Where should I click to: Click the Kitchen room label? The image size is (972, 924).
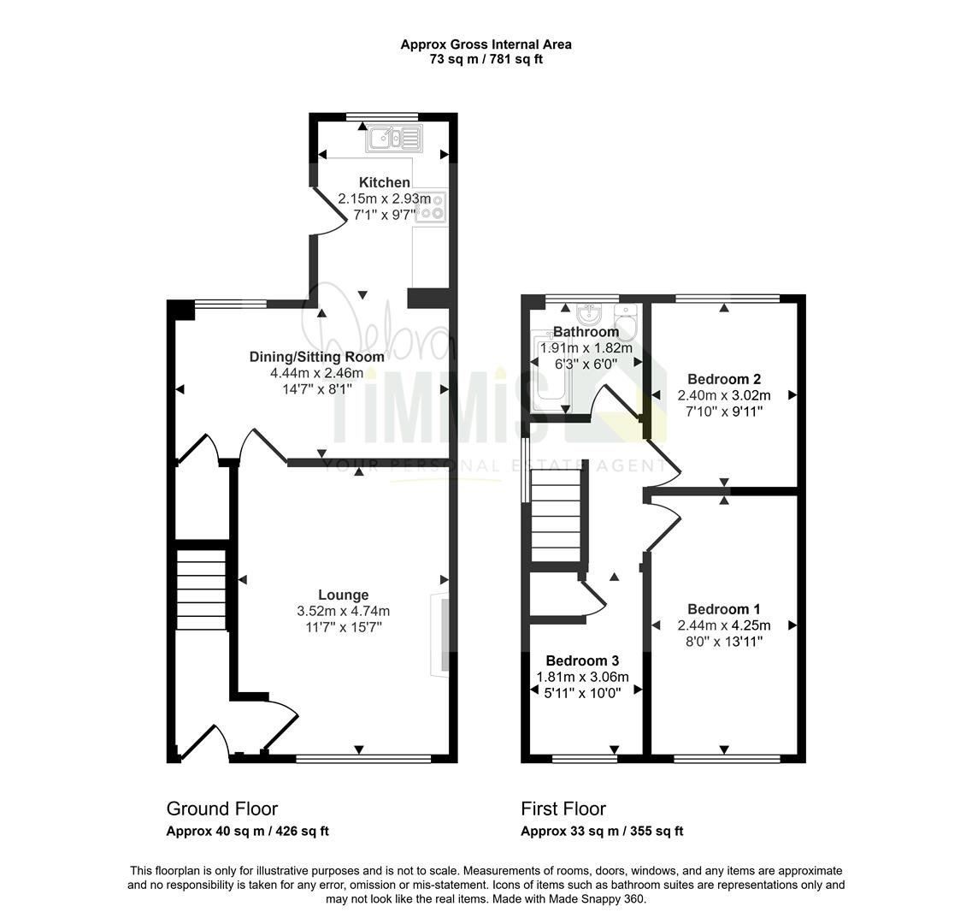click(385, 182)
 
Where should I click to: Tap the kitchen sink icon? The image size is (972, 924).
click(393, 139)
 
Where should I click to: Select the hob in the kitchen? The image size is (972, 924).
click(431, 207)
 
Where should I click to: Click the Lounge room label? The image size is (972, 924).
click(344, 595)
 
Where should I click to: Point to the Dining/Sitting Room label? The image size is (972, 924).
click(317, 357)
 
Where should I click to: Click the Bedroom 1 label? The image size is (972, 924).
click(724, 609)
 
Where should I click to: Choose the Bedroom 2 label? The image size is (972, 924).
click(724, 379)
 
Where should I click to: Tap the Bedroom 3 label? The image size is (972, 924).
click(582, 660)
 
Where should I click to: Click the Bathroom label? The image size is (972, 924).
click(586, 332)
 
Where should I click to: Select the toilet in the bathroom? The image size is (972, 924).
click(626, 322)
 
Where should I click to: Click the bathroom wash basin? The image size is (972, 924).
click(586, 313)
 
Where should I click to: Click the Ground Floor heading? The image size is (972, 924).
click(222, 808)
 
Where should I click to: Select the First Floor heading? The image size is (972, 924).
click(563, 808)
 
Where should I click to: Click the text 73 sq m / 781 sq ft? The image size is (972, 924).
click(486, 60)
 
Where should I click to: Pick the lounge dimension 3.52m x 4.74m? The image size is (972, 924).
click(344, 611)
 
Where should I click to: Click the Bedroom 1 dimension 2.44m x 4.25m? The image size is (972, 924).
click(724, 625)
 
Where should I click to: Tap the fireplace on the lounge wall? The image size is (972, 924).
click(439, 634)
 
